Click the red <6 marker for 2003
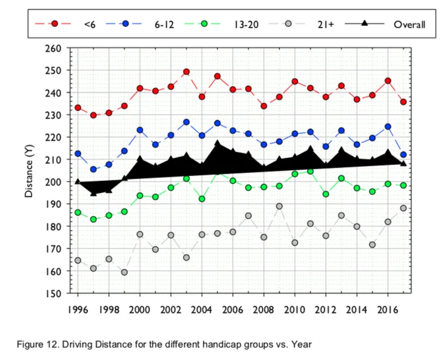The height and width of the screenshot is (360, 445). point(186,72)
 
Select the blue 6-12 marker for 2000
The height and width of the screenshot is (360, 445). point(140,130)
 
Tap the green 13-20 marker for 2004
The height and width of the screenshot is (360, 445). point(202,199)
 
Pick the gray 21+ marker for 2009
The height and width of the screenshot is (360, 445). point(279,207)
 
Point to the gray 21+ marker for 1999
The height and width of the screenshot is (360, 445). point(124,272)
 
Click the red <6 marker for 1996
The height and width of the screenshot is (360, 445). point(78,108)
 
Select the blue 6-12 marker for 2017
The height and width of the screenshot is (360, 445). point(403,155)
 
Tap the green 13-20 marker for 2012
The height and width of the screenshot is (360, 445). point(326,194)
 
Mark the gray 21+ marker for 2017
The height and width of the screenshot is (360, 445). point(403,208)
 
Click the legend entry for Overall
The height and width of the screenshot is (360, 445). point(409,24)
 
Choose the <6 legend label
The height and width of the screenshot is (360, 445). point(90,24)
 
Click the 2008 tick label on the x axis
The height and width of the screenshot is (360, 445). point(263,309)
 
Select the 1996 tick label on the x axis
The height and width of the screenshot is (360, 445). point(78,309)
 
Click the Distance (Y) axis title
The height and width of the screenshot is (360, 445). point(29,171)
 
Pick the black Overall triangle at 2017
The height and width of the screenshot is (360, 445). point(403,163)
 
